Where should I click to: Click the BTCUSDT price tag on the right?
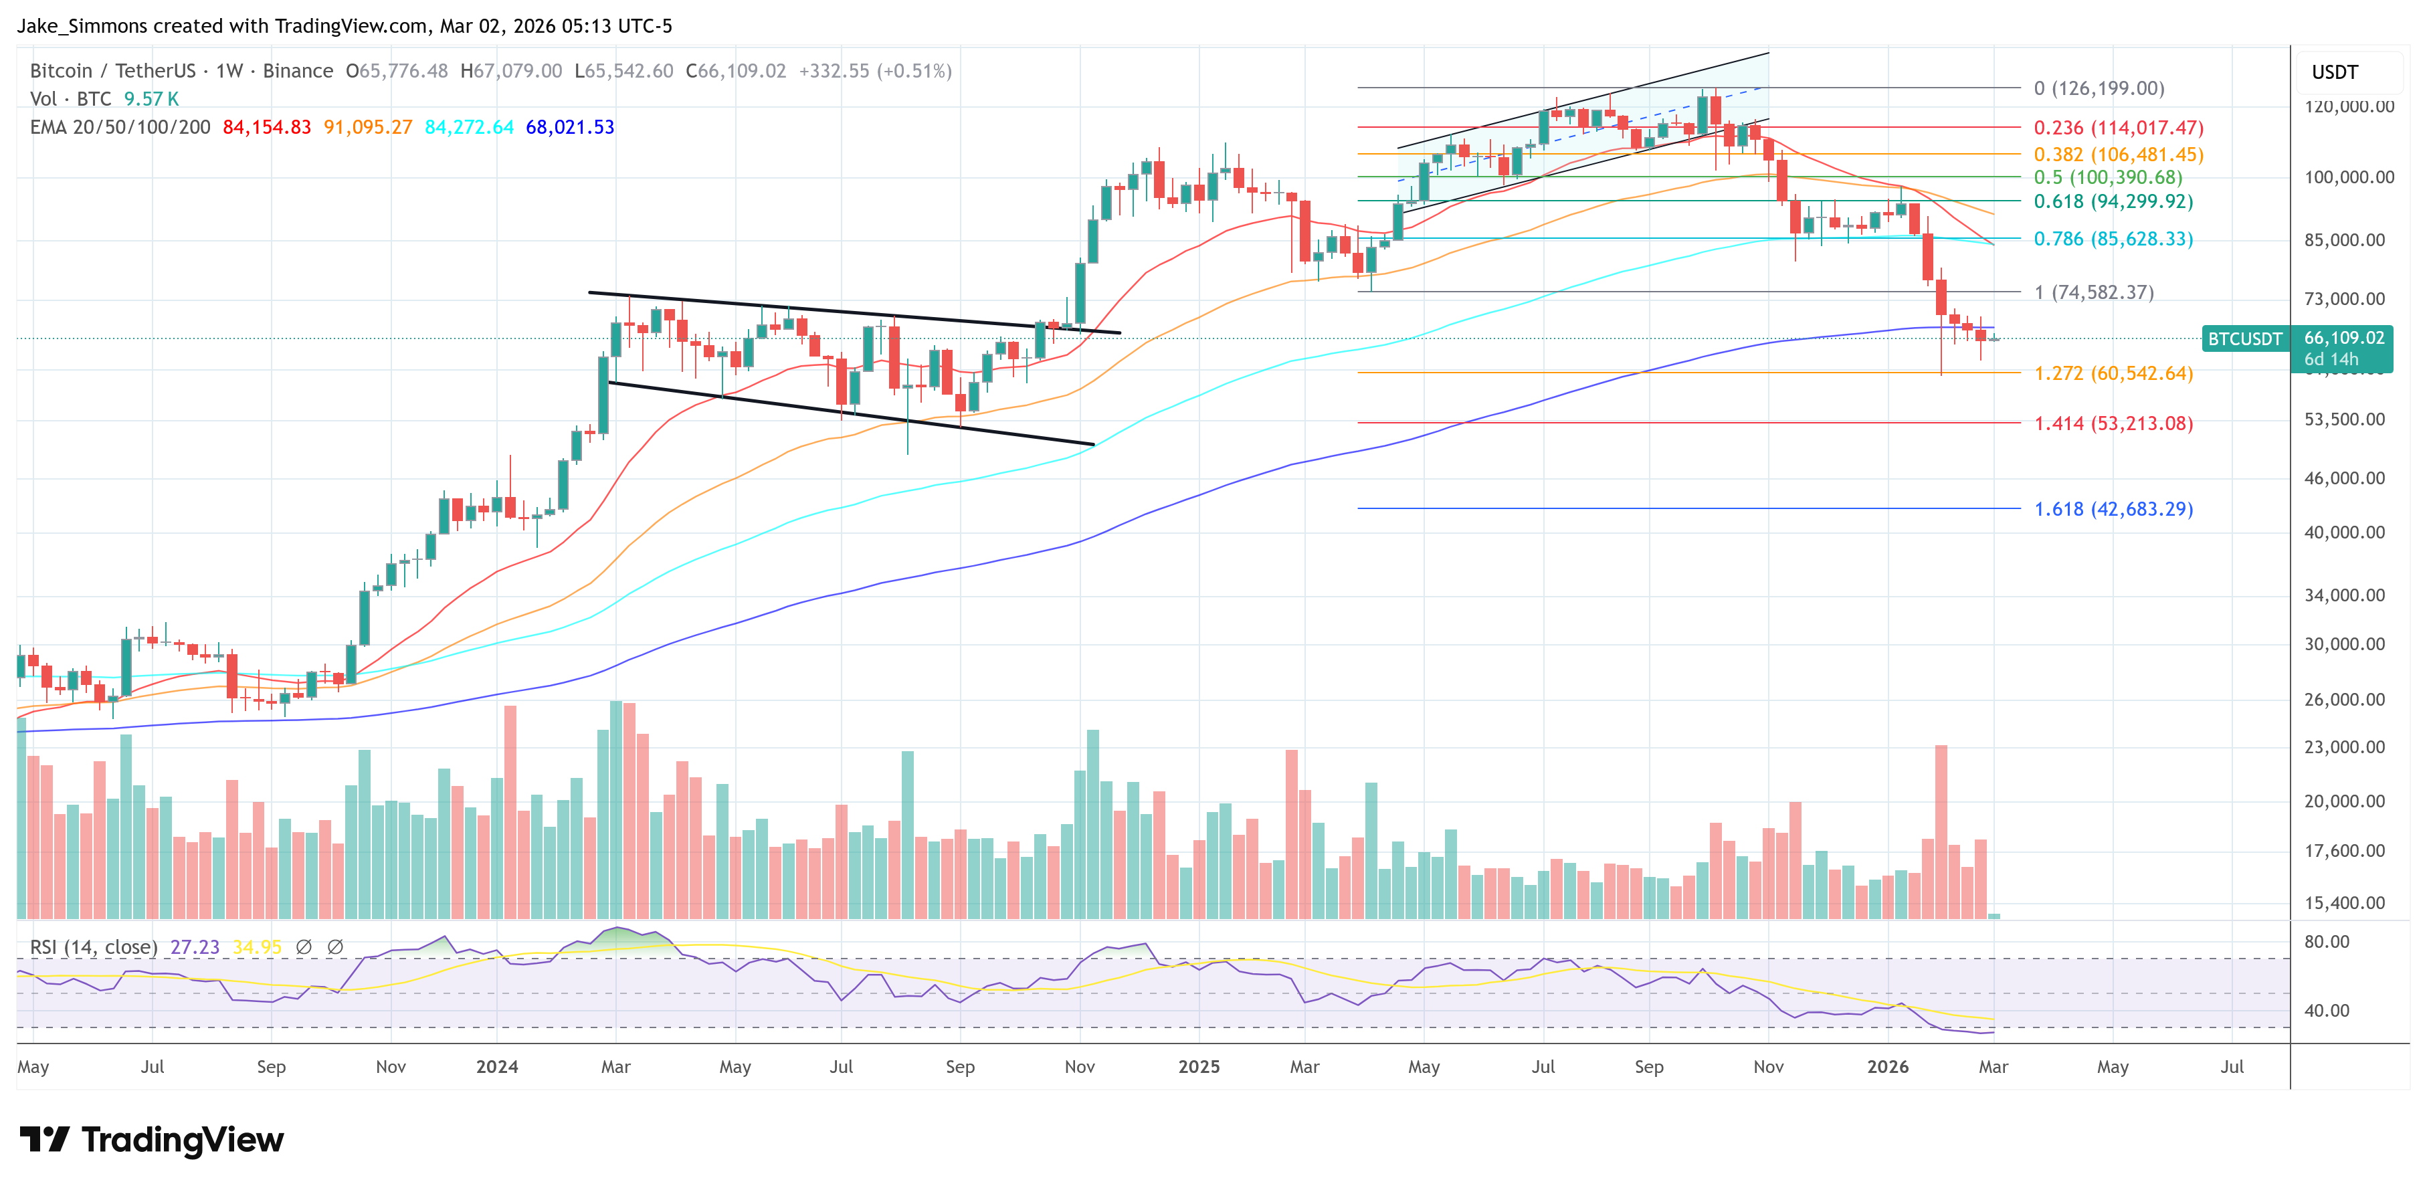[x=2244, y=339]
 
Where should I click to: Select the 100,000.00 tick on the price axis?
[x=2348, y=177]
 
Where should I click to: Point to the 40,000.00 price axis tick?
[x=2344, y=532]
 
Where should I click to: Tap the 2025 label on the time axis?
[x=1198, y=1066]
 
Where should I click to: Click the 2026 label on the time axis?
[x=1887, y=1066]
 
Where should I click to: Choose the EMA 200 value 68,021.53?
[x=569, y=127]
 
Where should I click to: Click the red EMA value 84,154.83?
[x=267, y=127]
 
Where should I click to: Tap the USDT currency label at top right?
[x=2334, y=72]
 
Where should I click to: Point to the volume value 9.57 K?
[x=151, y=99]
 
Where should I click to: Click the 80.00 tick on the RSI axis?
[x=2326, y=941]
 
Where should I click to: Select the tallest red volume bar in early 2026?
[x=1941, y=829]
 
